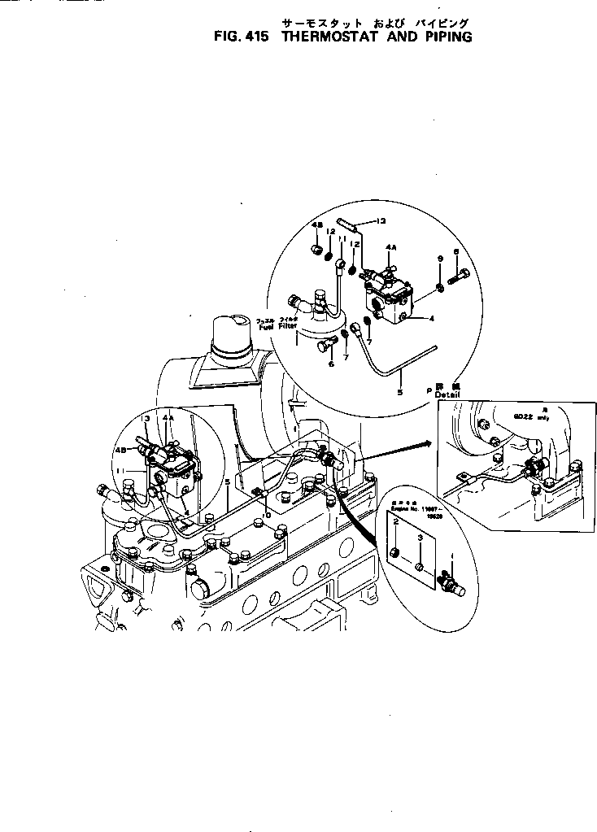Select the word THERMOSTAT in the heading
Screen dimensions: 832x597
328,37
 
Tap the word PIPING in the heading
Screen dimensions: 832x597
444,37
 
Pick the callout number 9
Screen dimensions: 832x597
440,258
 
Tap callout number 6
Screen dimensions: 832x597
331,364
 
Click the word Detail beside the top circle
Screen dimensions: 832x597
447,394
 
